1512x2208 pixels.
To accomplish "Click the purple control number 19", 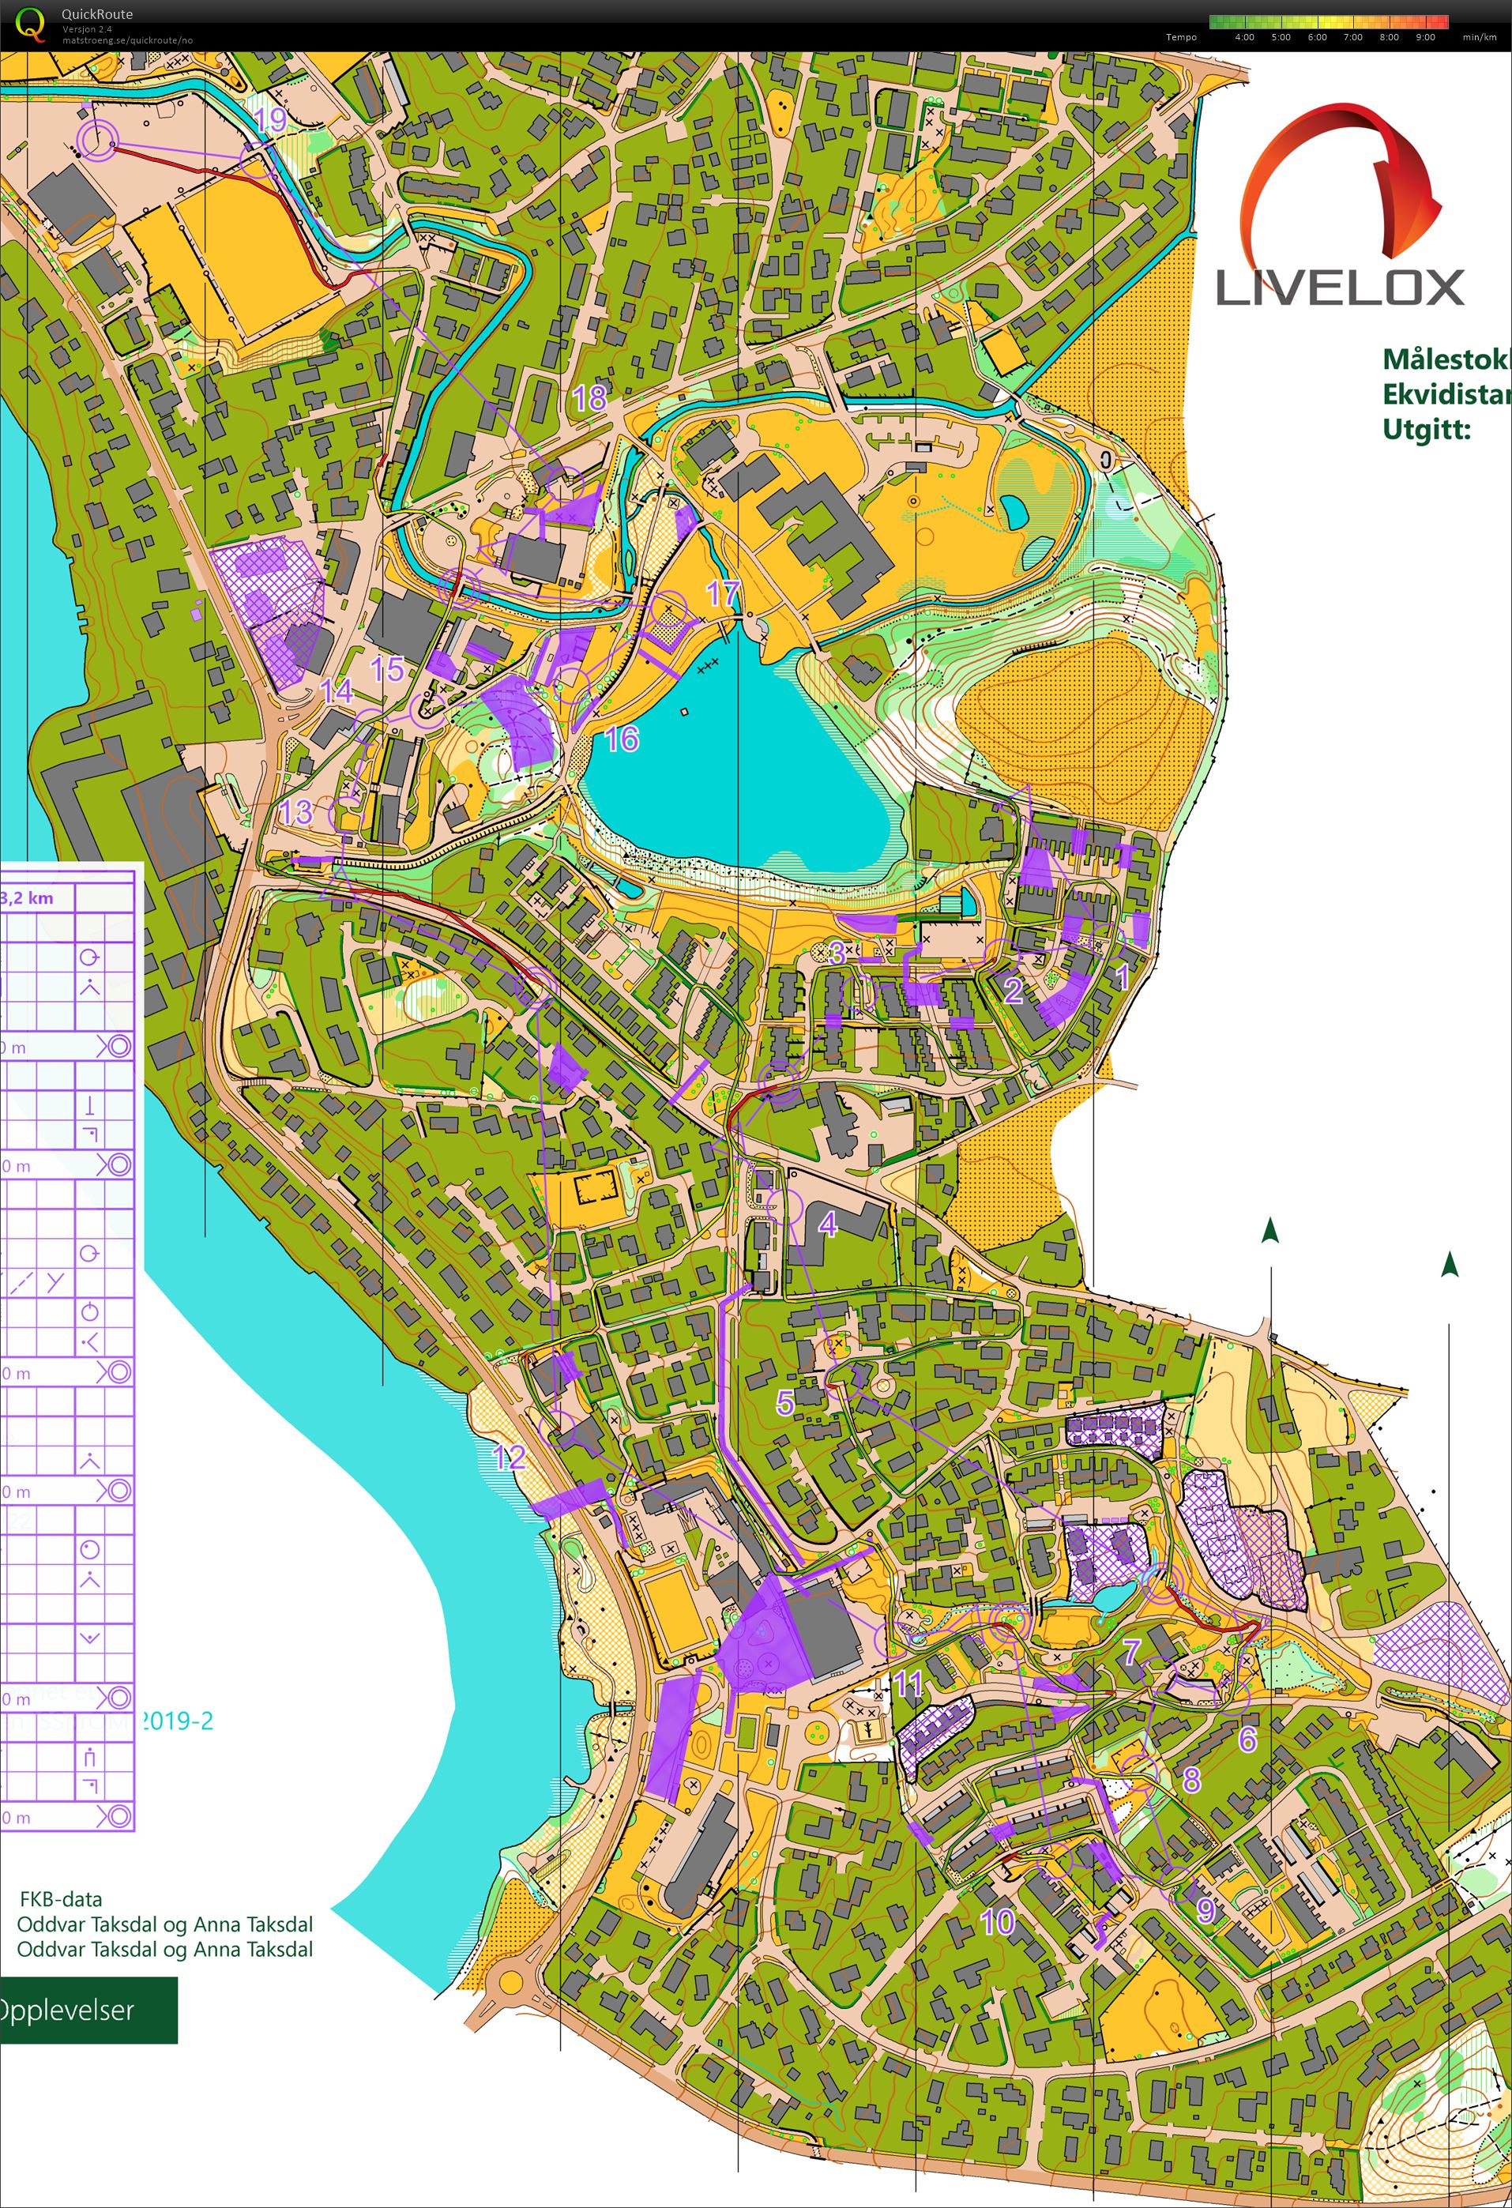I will click(270, 120).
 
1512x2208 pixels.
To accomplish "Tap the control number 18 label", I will click(589, 398).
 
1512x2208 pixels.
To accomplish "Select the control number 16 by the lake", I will click(622, 738).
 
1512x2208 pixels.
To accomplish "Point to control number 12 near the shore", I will click(510, 1457).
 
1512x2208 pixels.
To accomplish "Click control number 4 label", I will click(828, 1224).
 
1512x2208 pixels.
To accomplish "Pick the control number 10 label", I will click(997, 1922).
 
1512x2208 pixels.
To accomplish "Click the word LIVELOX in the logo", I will click(1339, 288).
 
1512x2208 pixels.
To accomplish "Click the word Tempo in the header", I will click(1181, 37).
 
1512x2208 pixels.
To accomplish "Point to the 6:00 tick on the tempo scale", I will click(1316, 37).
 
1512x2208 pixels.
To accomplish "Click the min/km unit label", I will click(1479, 37).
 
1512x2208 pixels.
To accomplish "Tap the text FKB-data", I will click(61, 1900).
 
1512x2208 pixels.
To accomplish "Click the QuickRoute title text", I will click(97, 14).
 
